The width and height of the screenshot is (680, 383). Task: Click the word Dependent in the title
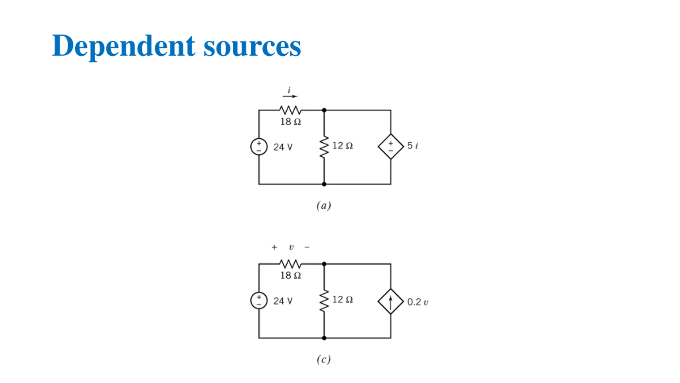click(x=124, y=46)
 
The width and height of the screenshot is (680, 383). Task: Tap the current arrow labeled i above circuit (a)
click(x=290, y=96)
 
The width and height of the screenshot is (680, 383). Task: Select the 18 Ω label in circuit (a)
click(x=291, y=122)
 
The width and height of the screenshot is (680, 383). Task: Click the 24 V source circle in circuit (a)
click(x=259, y=147)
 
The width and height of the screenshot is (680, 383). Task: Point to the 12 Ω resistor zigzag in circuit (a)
click(x=324, y=147)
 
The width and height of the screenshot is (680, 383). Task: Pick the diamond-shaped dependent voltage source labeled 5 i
click(x=391, y=147)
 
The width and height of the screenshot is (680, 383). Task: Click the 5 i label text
click(x=413, y=146)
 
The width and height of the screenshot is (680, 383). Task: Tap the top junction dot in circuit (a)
click(x=324, y=110)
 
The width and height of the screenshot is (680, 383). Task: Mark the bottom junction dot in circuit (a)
click(x=324, y=184)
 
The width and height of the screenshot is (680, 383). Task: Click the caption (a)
click(x=324, y=206)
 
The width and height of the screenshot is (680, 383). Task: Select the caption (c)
click(x=324, y=360)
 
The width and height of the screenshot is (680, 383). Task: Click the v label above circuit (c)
click(x=291, y=248)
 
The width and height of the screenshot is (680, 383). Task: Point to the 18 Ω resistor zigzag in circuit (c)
click(x=290, y=264)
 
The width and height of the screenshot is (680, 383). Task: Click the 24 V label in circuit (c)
click(x=283, y=301)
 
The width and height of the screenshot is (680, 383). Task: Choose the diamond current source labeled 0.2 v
click(x=391, y=301)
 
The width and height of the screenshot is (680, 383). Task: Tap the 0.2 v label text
click(x=418, y=302)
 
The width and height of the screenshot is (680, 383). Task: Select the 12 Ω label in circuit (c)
click(x=343, y=299)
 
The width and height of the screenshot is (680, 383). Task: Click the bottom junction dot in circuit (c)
click(x=324, y=338)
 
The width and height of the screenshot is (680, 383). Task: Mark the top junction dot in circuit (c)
click(x=324, y=264)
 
